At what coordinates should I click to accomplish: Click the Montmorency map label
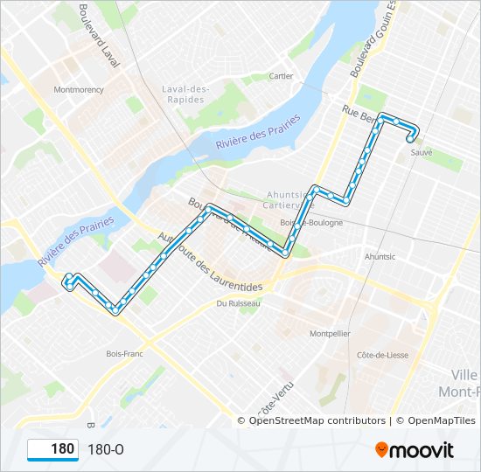click(x=78, y=89)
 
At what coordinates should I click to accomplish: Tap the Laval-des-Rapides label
click(x=185, y=94)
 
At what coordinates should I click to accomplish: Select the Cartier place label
click(x=281, y=76)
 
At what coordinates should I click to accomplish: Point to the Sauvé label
click(x=422, y=151)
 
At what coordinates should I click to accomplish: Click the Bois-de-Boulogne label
click(x=310, y=223)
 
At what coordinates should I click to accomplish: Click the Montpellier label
click(x=330, y=333)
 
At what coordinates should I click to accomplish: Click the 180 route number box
click(x=52, y=449)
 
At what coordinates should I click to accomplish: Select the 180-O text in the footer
click(x=106, y=449)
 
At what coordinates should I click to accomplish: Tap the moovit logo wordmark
click(x=422, y=449)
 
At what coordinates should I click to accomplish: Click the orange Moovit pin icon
click(x=381, y=449)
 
